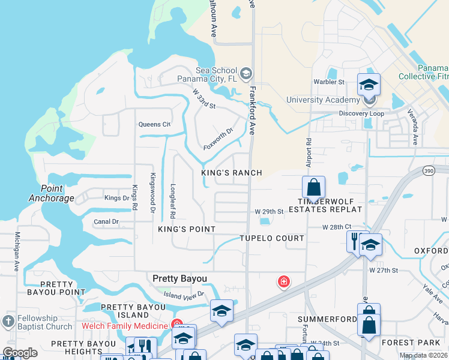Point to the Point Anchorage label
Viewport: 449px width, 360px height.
click(x=52, y=193)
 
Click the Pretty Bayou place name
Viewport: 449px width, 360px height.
click(x=179, y=278)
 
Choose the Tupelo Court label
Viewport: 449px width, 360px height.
click(x=272, y=238)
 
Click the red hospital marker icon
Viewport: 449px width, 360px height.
click(x=283, y=281)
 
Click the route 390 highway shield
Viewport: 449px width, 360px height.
click(x=428, y=171)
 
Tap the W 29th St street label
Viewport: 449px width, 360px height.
click(x=268, y=212)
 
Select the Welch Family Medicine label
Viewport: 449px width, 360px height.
click(x=125, y=326)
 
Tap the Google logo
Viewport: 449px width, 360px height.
click(x=20, y=353)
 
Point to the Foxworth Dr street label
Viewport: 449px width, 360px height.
click(x=217, y=139)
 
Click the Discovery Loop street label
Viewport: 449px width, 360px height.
click(x=361, y=113)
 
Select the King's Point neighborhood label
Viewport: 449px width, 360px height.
click(x=186, y=230)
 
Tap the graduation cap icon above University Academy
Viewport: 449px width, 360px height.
click(x=369, y=83)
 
